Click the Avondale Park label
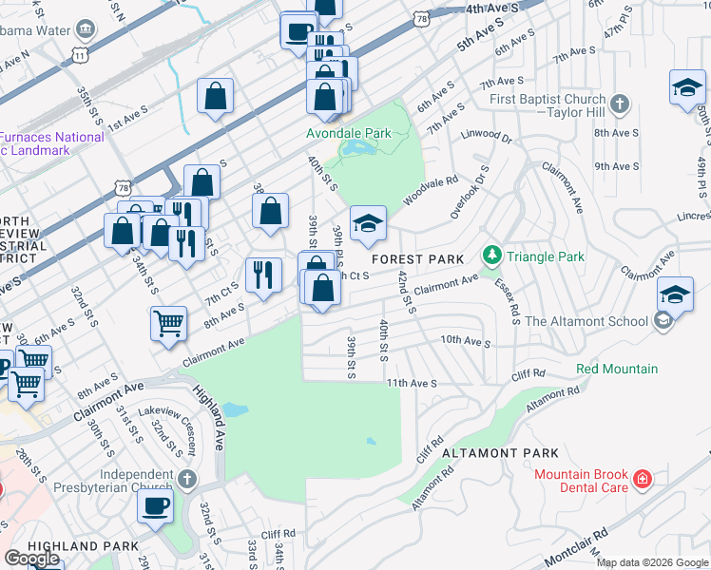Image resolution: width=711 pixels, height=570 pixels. tap(348, 134)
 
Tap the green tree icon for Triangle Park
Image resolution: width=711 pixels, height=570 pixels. tap(491, 256)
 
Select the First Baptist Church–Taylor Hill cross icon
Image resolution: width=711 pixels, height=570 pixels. tap(620, 103)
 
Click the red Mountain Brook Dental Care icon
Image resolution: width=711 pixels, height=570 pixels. tap(644, 478)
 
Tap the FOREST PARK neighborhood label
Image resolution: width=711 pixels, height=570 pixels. tap(417, 259)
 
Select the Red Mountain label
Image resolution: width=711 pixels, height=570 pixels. tap(616, 369)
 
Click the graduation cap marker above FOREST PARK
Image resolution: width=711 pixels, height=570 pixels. tap(369, 224)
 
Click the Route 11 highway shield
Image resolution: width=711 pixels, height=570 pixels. tap(83, 55)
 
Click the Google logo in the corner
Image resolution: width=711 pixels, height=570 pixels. tap(31, 559)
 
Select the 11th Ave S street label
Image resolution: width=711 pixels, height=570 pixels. tap(411, 383)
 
